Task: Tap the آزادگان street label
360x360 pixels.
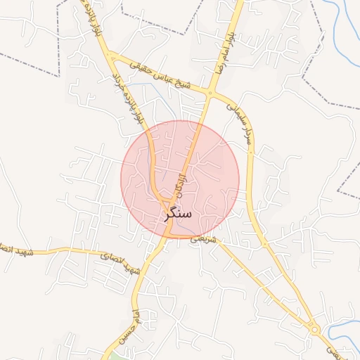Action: [184, 177]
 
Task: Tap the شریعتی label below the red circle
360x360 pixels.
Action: [200, 239]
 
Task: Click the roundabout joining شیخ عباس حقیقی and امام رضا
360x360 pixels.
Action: [211, 92]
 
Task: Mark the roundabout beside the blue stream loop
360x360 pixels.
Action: [314, 329]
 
